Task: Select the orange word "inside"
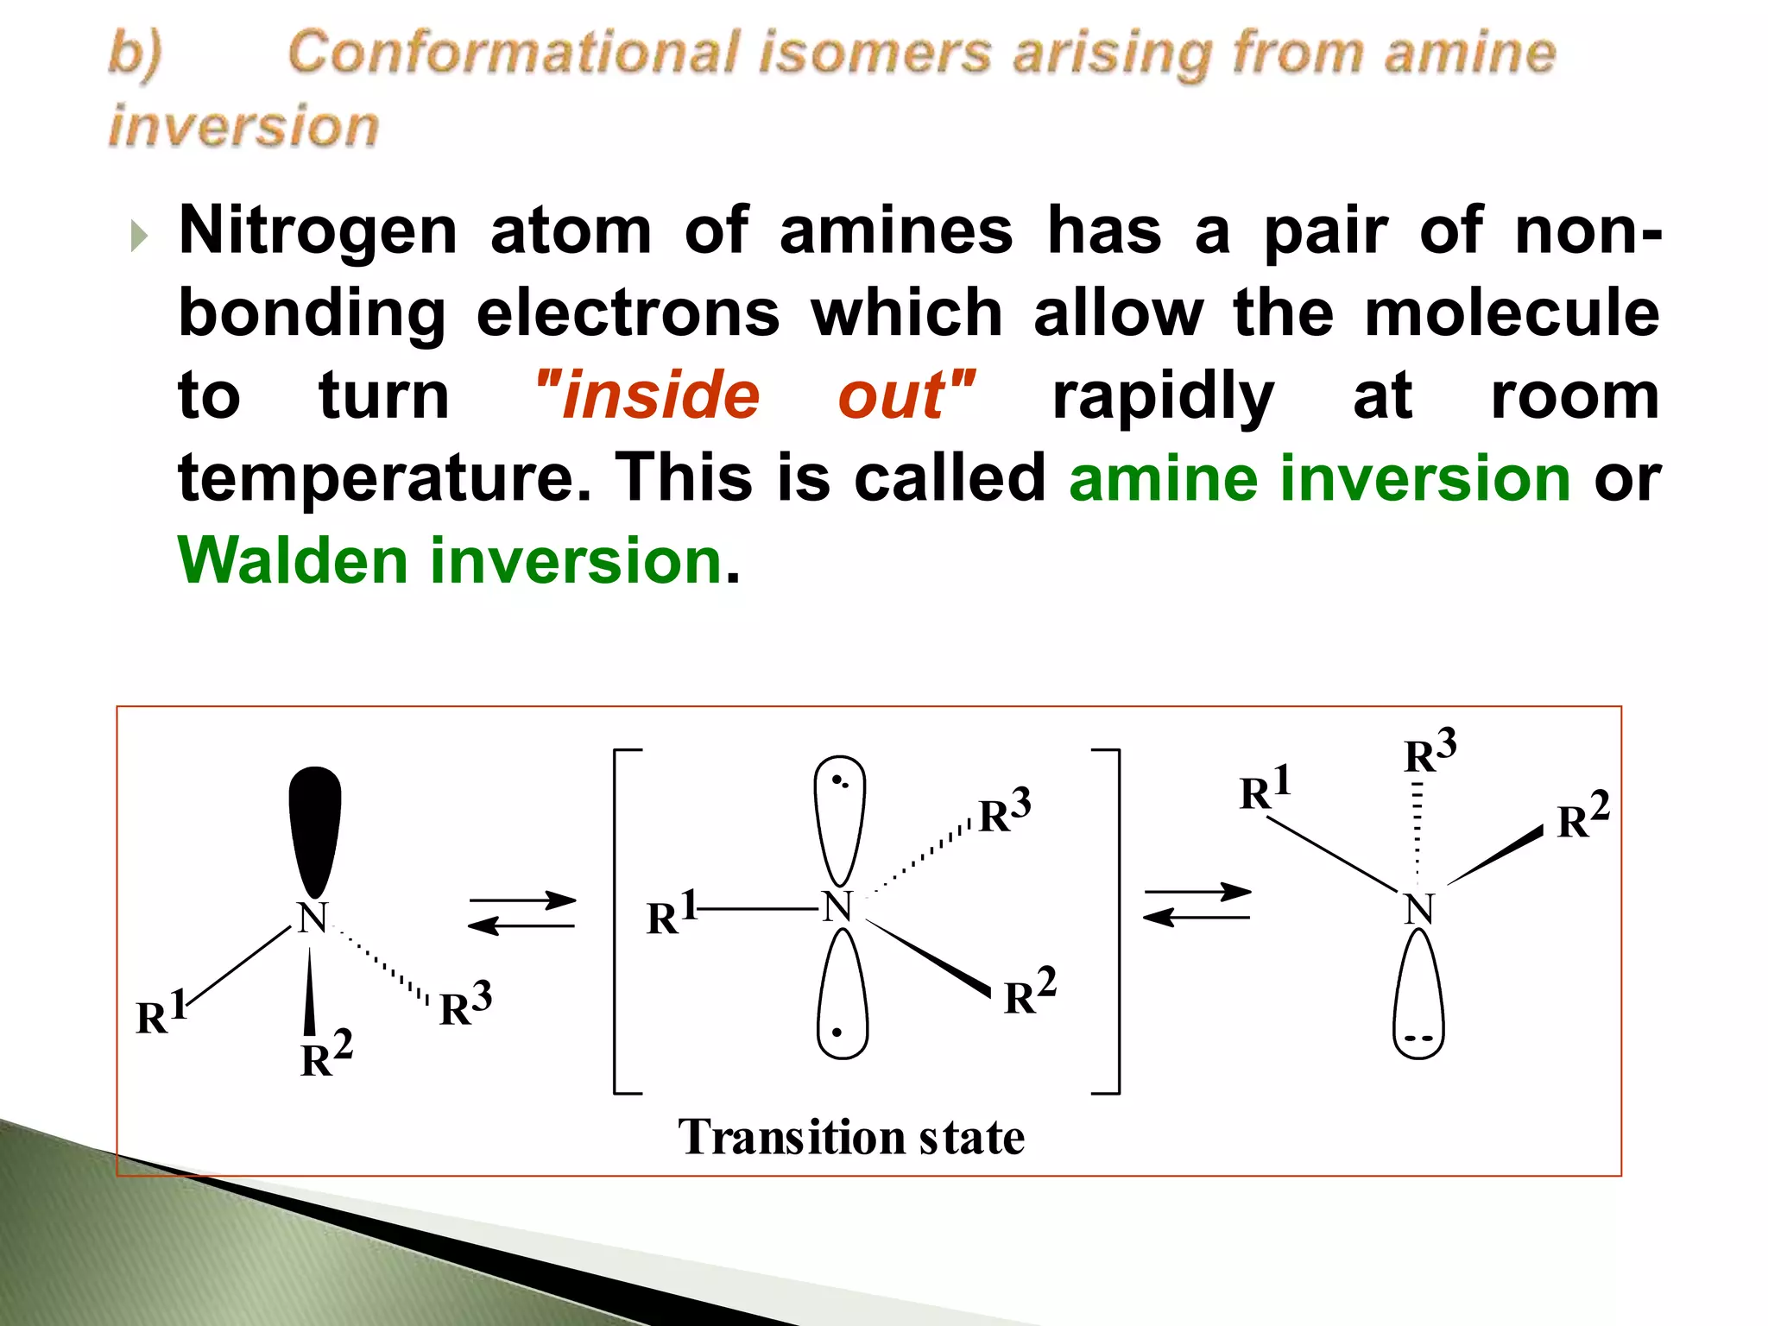[649, 395]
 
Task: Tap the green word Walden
[292, 560]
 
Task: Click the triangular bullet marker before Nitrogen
[139, 235]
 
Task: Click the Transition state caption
[851, 1137]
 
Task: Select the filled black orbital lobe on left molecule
[315, 829]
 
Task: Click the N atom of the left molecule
[313, 918]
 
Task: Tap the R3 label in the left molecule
[465, 1004]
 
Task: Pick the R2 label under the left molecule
[325, 1055]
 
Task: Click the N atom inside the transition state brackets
[837, 907]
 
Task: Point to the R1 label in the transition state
[671, 914]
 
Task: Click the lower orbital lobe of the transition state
[842, 997]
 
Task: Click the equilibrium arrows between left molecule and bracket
[522, 913]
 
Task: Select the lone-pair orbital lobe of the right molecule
[1418, 997]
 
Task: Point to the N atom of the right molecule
[1418, 909]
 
